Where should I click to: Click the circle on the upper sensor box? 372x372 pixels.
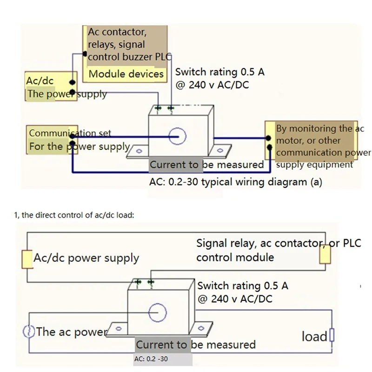pyautogui.click(x=177, y=136)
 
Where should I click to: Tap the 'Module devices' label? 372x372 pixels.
pyautogui.click(x=126, y=74)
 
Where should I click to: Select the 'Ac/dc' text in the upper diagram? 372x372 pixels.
pyautogui.click(x=40, y=80)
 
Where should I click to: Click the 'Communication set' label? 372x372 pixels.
pyautogui.click(x=70, y=133)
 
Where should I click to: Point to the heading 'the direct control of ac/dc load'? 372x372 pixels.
pyautogui.click(x=81, y=215)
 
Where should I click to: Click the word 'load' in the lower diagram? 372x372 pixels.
pyautogui.click(x=314, y=336)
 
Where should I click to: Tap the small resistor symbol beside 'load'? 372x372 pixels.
pyautogui.click(x=332, y=335)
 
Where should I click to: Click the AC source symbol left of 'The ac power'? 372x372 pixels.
pyautogui.click(x=28, y=332)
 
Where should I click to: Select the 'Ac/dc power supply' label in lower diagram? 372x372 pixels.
pyautogui.click(x=86, y=258)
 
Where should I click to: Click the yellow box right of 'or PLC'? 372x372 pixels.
pyautogui.click(x=325, y=254)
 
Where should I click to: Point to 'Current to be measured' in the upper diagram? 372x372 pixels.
pyautogui.click(x=206, y=165)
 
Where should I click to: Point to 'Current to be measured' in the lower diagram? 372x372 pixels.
pyautogui.click(x=196, y=345)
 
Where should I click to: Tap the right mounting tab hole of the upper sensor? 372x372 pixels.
pyautogui.click(x=222, y=150)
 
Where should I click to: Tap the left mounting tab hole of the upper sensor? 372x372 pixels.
pyautogui.click(x=138, y=150)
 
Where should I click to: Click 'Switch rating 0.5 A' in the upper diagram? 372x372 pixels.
pyautogui.click(x=220, y=72)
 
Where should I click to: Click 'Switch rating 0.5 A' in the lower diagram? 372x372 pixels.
pyautogui.click(x=242, y=286)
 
